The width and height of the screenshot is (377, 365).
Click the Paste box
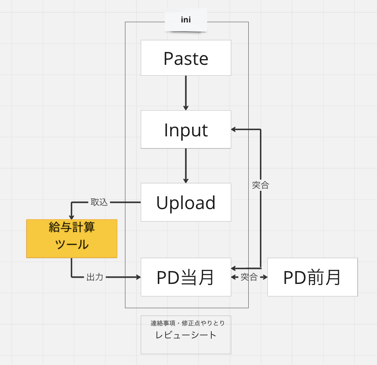186,58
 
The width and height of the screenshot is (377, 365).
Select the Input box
186,130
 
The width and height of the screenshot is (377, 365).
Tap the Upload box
186,202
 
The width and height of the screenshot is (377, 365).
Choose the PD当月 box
186,277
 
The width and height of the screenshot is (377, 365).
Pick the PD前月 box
312,277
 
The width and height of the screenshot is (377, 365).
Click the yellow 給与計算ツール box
71,239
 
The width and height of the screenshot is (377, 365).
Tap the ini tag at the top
186,20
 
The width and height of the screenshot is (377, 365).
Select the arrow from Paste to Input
186,93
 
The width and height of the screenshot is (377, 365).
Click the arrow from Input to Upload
186,165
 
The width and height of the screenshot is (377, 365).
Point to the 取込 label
99,202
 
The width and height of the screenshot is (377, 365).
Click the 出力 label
95,277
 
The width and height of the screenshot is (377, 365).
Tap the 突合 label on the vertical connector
260,185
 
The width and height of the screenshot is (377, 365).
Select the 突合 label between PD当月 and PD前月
249,277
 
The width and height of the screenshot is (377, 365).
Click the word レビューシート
186,335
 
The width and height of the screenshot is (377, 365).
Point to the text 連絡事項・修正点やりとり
188,323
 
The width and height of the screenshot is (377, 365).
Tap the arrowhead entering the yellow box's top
71,217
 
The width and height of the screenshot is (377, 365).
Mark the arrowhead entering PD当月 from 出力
138,277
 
